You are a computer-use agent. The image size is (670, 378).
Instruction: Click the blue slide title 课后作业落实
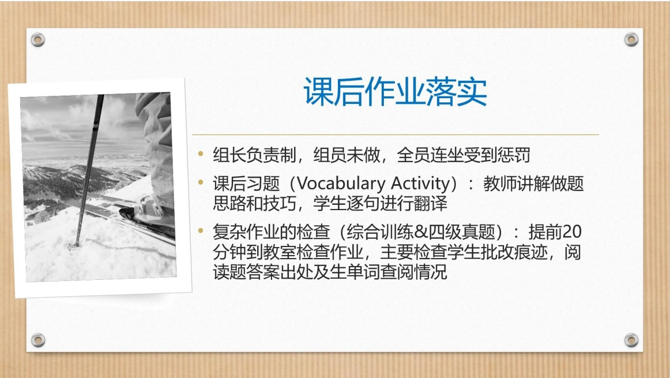pyautogui.click(x=395, y=91)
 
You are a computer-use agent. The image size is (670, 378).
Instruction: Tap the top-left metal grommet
pyautogui.click(x=38, y=40)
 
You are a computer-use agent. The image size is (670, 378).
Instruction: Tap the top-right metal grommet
pyautogui.click(x=631, y=39)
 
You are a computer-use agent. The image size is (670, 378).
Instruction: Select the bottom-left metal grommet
pyautogui.click(x=39, y=340)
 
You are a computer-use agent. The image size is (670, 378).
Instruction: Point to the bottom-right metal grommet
pyautogui.click(x=631, y=340)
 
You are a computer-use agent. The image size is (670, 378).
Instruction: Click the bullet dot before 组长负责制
pyautogui.click(x=201, y=154)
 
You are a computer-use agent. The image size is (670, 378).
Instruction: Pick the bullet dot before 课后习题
pyautogui.click(x=201, y=182)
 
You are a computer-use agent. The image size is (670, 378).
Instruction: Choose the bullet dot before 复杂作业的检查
pyautogui.click(x=201, y=231)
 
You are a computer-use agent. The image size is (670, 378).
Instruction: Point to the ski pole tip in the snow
pyautogui.click(x=73, y=247)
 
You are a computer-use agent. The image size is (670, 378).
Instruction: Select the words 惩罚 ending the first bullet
pyautogui.click(x=514, y=155)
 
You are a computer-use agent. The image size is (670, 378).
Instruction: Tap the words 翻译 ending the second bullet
pyautogui.click(x=430, y=203)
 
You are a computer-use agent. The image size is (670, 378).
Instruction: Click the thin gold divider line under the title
pyautogui.click(x=395, y=135)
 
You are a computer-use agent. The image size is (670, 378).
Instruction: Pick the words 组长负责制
pyautogui.click(x=254, y=155)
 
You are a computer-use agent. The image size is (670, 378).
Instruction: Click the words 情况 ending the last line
pyautogui.click(x=430, y=271)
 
